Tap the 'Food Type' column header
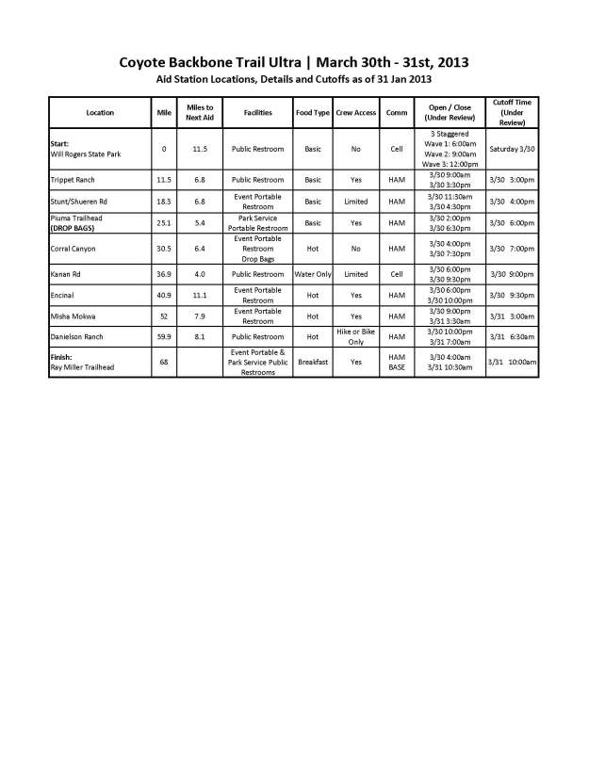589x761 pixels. (312, 112)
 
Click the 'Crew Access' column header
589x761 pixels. (356, 112)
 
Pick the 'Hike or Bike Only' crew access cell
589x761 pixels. (356, 336)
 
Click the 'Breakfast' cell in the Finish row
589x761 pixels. (312, 362)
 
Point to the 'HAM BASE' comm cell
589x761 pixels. (397, 362)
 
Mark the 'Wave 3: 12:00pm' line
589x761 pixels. (444, 163)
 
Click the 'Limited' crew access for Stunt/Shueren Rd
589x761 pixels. (356, 201)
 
